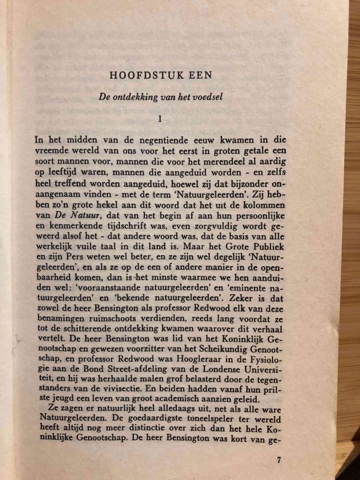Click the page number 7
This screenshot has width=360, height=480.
click(279, 459)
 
